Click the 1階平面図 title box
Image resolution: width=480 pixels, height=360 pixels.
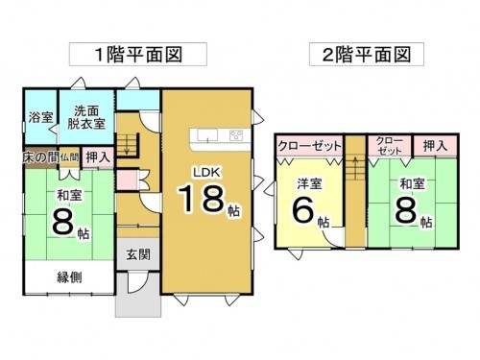pos(127,53)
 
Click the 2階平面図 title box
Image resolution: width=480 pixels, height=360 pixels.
pos(367,53)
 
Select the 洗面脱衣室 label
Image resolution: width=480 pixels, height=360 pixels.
pos(85,117)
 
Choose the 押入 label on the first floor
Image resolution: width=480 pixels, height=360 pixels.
pos(97,156)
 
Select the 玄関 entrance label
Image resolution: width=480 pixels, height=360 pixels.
pos(137,254)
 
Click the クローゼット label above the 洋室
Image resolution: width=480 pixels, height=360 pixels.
pos(309,146)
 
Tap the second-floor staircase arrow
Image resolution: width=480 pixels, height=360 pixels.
pos(354,169)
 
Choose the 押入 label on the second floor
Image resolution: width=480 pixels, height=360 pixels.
pos(435,146)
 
